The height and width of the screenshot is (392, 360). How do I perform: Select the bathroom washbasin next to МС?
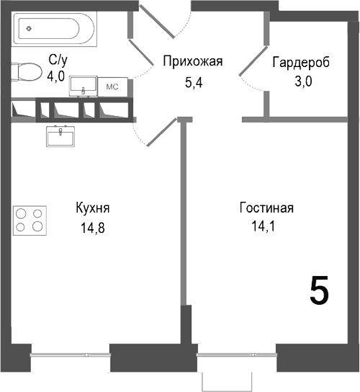coord(84,84)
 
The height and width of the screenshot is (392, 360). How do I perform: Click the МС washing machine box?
coord(112,86)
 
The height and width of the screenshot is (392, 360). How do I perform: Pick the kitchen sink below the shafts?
coord(60,135)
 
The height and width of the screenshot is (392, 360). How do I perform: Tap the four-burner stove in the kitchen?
coord(30,220)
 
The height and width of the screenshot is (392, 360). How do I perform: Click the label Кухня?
coord(92,209)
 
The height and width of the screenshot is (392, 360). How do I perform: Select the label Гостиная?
coord(266,209)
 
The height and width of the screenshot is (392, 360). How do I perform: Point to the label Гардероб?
coord(301,63)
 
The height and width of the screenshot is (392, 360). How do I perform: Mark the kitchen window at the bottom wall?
coord(70,355)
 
